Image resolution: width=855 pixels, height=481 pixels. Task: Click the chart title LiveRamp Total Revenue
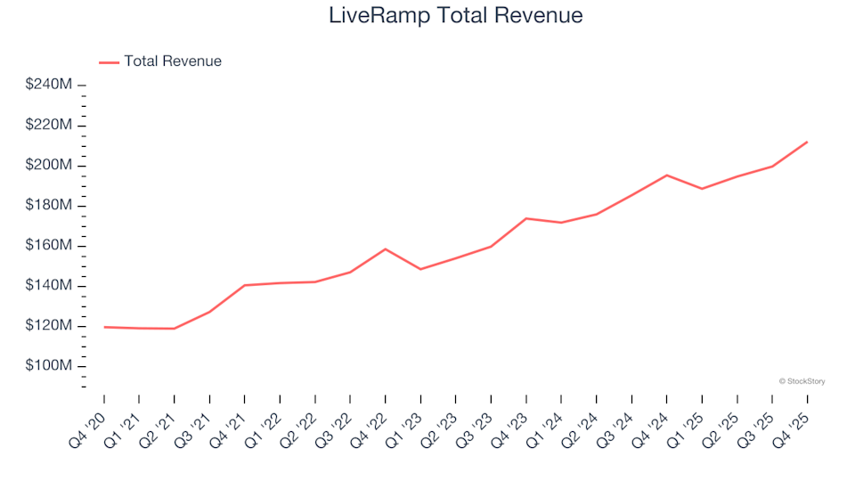(x=456, y=15)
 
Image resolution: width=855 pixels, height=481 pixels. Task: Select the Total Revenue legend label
(x=173, y=61)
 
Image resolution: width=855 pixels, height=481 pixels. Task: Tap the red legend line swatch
(x=109, y=62)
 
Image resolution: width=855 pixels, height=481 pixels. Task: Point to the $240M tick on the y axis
(x=49, y=85)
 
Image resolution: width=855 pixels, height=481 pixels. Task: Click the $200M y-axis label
(x=49, y=166)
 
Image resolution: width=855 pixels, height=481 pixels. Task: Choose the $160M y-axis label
(x=49, y=246)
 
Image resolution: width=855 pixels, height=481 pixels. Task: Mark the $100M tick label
(x=49, y=366)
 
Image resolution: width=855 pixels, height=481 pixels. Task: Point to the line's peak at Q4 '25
(x=807, y=142)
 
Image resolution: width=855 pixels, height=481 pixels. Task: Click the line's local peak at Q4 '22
(x=385, y=249)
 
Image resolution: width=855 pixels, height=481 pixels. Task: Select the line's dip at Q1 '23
(x=420, y=269)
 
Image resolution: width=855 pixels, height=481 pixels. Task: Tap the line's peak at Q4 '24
(x=666, y=175)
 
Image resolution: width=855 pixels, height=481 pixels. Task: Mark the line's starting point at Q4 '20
(x=104, y=327)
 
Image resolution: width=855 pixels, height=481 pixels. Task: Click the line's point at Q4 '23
(x=525, y=218)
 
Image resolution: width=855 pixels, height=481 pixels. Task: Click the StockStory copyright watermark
(x=802, y=381)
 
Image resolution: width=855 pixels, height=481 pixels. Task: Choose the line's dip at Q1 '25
(x=702, y=189)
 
